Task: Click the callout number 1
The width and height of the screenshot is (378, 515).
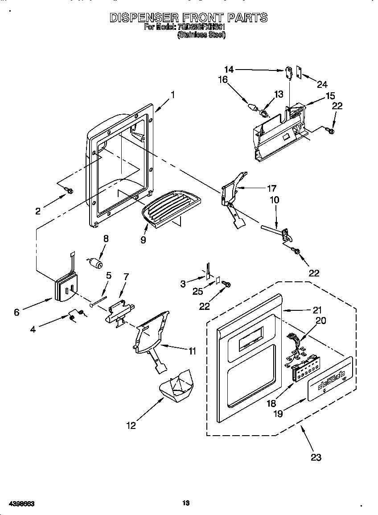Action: (173, 95)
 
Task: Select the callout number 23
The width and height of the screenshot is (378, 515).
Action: (316, 457)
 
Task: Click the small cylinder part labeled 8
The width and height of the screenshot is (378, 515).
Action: (94, 263)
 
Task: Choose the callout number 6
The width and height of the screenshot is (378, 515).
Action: (16, 312)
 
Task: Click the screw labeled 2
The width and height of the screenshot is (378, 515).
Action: (69, 191)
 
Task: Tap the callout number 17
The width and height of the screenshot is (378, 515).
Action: (271, 188)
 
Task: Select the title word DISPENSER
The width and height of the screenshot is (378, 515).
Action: (144, 17)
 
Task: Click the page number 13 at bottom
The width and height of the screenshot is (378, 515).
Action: (186, 503)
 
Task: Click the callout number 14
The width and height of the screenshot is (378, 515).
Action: (229, 69)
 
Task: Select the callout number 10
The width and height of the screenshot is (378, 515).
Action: (275, 200)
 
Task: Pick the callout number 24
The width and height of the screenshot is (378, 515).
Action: (322, 84)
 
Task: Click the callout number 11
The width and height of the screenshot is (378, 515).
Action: (192, 351)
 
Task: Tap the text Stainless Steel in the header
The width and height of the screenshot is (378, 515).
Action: (201, 35)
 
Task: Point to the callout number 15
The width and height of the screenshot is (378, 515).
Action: (330, 95)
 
